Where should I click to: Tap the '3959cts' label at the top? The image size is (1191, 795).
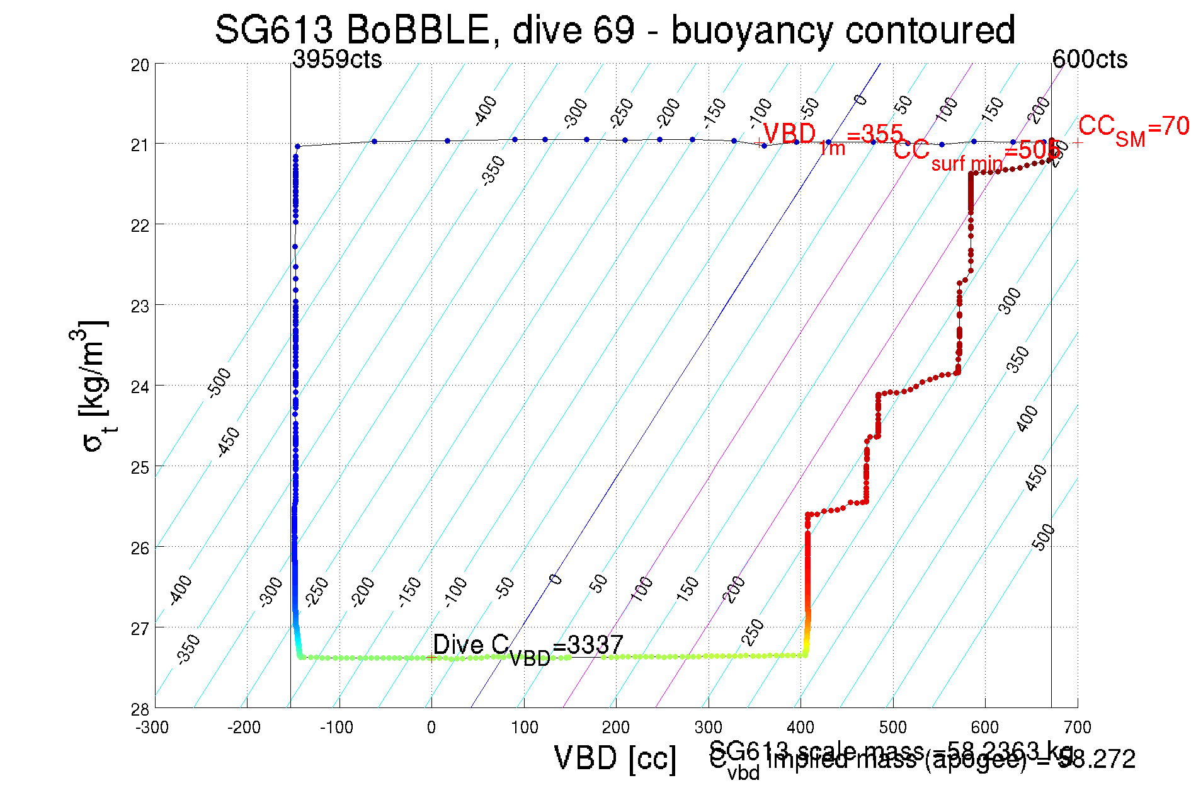tap(337, 59)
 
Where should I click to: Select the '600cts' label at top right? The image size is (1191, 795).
tap(1090, 59)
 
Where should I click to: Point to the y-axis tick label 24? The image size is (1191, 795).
tap(140, 386)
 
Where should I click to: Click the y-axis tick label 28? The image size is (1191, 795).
tap(140, 709)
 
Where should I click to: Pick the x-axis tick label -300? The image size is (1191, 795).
tap(152, 728)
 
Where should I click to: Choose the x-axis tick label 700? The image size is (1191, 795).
tap(1077, 728)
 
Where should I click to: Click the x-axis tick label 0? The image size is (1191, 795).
tap(431, 728)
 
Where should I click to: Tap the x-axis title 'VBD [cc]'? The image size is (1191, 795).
tap(615, 758)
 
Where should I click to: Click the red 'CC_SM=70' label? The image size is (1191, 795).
tap(1133, 129)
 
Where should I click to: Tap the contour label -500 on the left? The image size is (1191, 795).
tap(220, 382)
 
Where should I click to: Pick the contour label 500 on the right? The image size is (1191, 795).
tap(1044, 537)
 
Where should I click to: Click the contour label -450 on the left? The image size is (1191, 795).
tap(228, 442)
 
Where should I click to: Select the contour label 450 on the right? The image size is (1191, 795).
tap(1036, 478)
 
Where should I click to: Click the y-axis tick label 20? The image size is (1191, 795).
tap(140, 65)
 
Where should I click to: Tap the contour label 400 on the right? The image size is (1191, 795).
tap(1028, 418)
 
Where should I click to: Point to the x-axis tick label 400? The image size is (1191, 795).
tap(801, 728)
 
